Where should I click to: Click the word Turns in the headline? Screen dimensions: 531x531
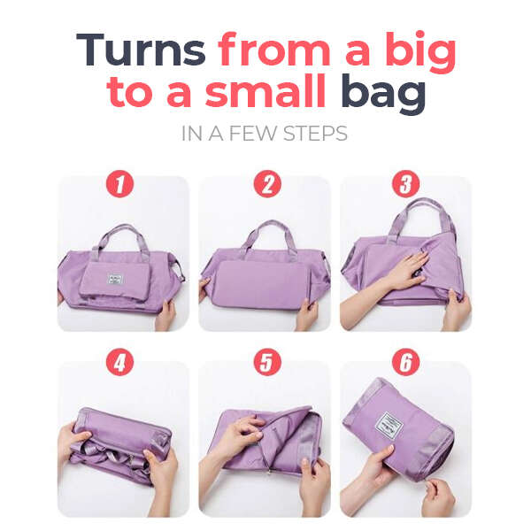[x=141, y=50]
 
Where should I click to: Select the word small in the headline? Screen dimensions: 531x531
[x=265, y=91]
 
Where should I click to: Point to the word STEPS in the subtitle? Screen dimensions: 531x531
[x=315, y=134]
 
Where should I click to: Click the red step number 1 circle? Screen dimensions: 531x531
[x=119, y=183]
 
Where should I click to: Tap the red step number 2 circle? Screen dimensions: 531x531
[x=267, y=183]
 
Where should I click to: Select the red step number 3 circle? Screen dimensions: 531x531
[x=405, y=183]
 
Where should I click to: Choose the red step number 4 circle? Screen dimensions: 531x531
[x=119, y=362]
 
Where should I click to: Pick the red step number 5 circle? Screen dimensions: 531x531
[x=267, y=362]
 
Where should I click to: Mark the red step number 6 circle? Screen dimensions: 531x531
[x=405, y=362]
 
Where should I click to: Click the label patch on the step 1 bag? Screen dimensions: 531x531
[x=115, y=279]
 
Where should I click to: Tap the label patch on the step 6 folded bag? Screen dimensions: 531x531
[x=389, y=426]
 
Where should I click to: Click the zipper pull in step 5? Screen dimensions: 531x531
[x=270, y=471]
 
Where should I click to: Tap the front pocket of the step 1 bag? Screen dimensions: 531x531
[x=114, y=280]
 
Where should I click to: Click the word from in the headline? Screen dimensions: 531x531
[x=274, y=50]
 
